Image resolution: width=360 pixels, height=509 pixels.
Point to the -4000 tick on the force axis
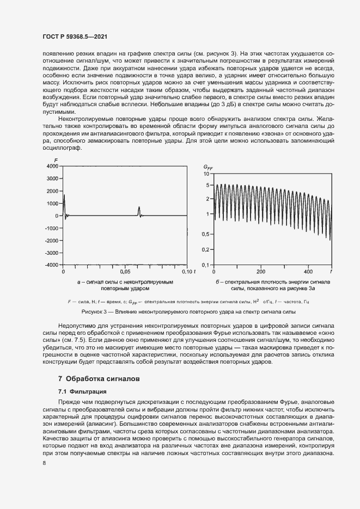click(x=51, y=265)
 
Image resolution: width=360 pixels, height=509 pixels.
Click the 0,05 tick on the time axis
click(x=125, y=271)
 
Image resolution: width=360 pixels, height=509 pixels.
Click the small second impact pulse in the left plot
click(x=139, y=210)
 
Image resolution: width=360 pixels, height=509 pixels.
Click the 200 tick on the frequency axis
click(x=261, y=271)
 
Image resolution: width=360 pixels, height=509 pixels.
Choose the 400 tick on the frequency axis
click(x=308, y=271)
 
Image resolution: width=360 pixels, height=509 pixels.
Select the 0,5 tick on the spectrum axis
click(x=205, y=235)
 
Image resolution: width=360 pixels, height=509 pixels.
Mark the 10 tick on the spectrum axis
click(x=206, y=174)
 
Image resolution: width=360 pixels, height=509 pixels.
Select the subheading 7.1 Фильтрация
click(x=82, y=391)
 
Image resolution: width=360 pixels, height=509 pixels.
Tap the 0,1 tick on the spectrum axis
click(x=205, y=265)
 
